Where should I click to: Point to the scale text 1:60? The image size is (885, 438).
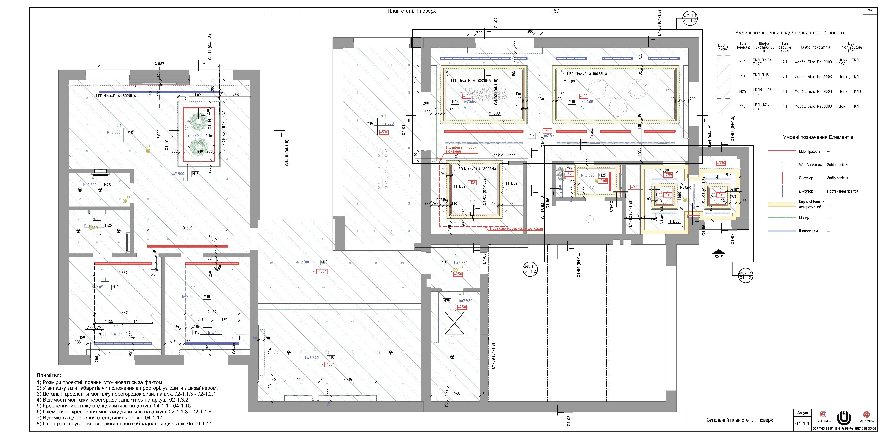pos(554,11)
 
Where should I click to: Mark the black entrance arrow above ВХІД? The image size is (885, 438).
pos(719,251)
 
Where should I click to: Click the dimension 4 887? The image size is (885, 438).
pos(159,64)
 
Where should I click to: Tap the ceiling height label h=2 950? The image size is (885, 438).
pos(192,136)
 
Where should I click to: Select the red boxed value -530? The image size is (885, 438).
pos(384,132)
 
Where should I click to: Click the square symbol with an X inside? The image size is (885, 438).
pos(454,323)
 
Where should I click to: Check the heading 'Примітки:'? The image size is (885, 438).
pos(49,375)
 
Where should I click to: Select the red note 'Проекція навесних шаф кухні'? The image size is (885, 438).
pos(516,228)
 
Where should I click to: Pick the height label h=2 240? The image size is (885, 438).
pos(312,358)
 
